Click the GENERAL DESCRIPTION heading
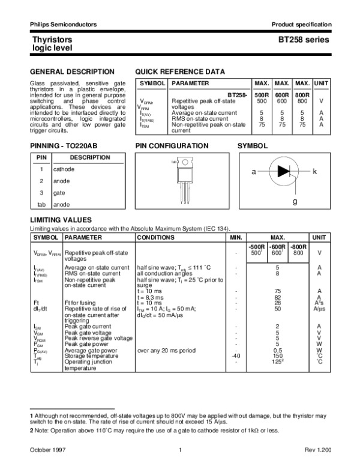click(x=64, y=71)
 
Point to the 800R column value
click(x=302, y=95)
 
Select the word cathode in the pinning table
click(x=64, y=169)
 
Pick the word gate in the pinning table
click(x=59, y=193)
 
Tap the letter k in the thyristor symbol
click(x=314, y=172)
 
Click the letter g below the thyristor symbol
click(x=295, y=202)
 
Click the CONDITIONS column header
click(x=156, y=238)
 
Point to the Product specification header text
click(x=301, y=24)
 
